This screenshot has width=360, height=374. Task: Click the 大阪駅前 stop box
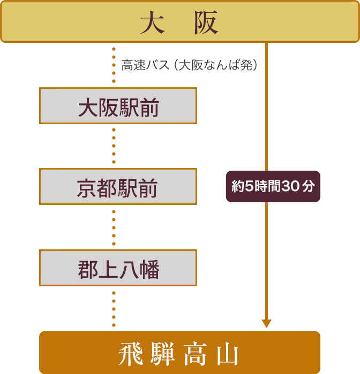point(118,106)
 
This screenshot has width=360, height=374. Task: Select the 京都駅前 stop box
point(118,187)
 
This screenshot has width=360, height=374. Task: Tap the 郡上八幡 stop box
point(118,268)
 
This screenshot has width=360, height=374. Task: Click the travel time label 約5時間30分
point(273,187)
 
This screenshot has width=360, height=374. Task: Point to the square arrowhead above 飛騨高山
point(266,324)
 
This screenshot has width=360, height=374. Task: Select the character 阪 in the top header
point(206,24)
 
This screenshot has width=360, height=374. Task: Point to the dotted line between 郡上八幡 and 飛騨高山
point(114,308)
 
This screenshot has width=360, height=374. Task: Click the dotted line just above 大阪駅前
point(114,65)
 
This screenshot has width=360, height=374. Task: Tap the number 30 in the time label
point(291,187)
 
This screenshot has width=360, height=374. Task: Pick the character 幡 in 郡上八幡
point(149,268)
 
